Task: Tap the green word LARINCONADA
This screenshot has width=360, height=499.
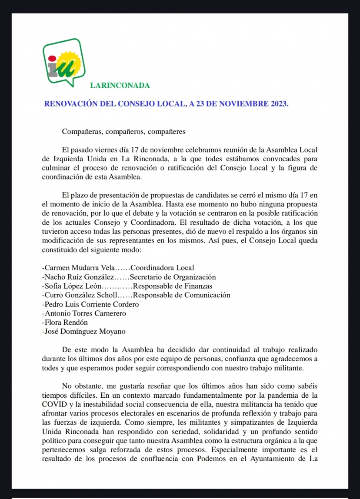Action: [x=120, y=86]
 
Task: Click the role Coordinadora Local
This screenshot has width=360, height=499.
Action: [x=162, y=268]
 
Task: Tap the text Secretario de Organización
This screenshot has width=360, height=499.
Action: [x=173, y=277]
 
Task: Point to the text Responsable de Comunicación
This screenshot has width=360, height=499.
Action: [x=181, y=295]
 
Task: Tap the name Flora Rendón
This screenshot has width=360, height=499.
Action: [x=66, y=323]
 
